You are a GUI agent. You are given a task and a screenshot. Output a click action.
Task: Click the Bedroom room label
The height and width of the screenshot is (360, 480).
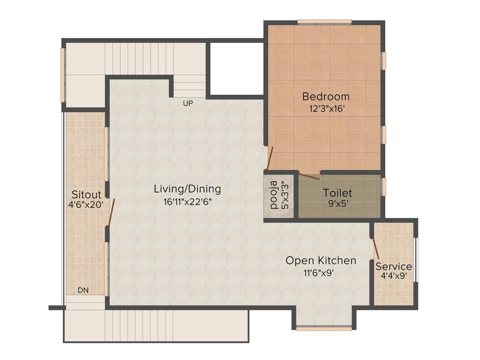click(325, 97)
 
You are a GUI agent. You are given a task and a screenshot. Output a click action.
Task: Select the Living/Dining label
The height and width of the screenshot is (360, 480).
click(187, 189)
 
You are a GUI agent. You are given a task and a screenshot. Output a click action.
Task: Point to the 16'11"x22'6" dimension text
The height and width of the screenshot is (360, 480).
click(187, 202)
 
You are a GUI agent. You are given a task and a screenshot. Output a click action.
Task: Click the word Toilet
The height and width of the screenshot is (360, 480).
click(337, 193)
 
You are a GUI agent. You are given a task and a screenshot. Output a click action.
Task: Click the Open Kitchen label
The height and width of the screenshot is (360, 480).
click(321, 261)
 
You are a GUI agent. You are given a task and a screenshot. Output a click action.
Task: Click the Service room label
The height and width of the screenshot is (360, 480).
click(393, 266)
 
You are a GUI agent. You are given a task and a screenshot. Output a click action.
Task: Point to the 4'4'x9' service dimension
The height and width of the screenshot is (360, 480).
click(393, 276)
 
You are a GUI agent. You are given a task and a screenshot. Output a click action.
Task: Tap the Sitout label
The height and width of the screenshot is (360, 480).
click(86, 194)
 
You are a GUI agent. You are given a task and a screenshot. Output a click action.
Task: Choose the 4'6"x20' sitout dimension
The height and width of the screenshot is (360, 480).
click(86, 204)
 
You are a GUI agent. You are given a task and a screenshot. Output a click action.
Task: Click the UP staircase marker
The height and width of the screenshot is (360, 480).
click(188, 104)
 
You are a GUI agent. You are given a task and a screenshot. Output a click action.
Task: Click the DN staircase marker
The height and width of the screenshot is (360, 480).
click(83, 291)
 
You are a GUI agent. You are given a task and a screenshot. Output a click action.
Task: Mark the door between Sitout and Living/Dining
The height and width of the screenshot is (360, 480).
click(111, 212)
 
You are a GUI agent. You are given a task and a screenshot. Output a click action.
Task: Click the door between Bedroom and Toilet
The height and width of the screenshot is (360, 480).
click(309, 177)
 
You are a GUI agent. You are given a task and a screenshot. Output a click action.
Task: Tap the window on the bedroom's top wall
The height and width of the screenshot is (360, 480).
click(324, 22)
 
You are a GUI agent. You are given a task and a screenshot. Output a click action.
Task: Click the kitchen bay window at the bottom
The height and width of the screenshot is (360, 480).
click(323, 329)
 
